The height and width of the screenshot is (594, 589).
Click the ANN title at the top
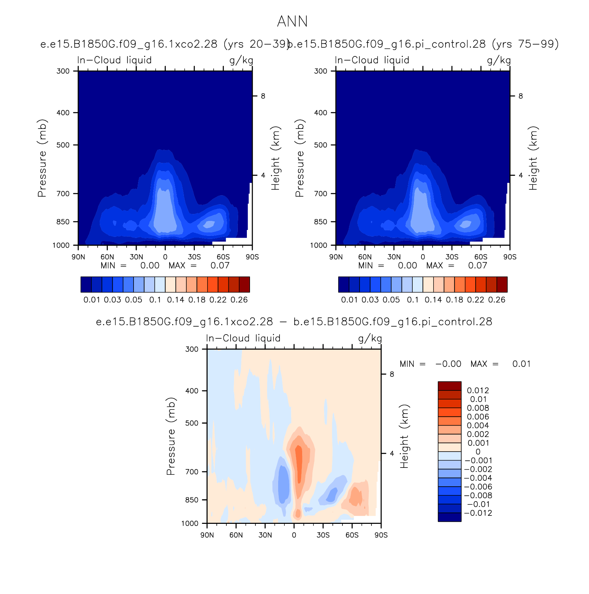click(x=292, y=22)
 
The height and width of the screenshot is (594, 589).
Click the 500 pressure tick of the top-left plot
click(x=63, y=145)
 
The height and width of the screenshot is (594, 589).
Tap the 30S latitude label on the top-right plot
click(x=452, y=257)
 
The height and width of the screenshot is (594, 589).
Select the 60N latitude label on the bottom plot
click(x=236, y=535)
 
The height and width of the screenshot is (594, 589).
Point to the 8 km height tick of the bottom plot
click(x=392, y=374)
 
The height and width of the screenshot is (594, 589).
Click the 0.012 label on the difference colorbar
click(x=478, y=390)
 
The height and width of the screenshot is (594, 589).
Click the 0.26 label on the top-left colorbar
click(x=239, y=300)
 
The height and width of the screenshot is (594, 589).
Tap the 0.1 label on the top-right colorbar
click(x=413, y=300)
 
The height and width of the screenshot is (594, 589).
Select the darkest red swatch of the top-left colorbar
click(x=244, y=284)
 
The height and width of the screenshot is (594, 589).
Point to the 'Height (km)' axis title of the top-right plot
click(x=533, y=158)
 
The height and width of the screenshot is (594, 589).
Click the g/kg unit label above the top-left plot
click(x=241, y=60)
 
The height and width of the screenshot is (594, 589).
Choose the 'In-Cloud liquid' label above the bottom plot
click(x=243, y=338)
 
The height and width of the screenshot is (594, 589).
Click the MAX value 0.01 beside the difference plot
click(x=522, y=364)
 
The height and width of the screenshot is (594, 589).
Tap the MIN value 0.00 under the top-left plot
click(x=150, y=266)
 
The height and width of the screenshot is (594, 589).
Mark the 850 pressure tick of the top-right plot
click(x=320, y=222)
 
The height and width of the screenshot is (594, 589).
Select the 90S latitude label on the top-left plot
click(x=252, y=257)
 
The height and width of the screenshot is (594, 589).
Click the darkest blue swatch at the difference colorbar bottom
click(x=450, y=517)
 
